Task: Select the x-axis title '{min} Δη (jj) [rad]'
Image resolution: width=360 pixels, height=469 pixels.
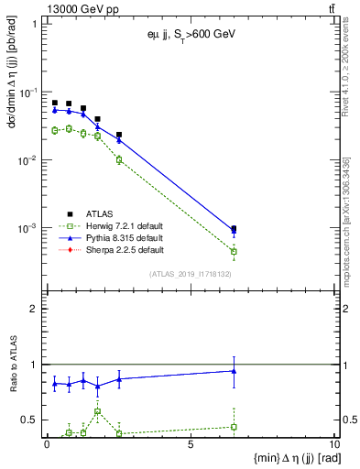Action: click(x=286, y=458)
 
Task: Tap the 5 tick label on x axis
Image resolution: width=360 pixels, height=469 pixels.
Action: click(x=191, y=444)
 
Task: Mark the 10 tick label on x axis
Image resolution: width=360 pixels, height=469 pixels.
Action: click(x=333, y=444)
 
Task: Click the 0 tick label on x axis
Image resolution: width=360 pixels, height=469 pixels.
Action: click(x=47, y=444)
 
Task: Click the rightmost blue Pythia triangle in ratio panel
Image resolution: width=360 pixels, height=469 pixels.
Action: click(x=234, y=371)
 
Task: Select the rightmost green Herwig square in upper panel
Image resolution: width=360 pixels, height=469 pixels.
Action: click(x=234, y=251)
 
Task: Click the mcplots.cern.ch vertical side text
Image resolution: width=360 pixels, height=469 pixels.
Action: click(x=349, y=229)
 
